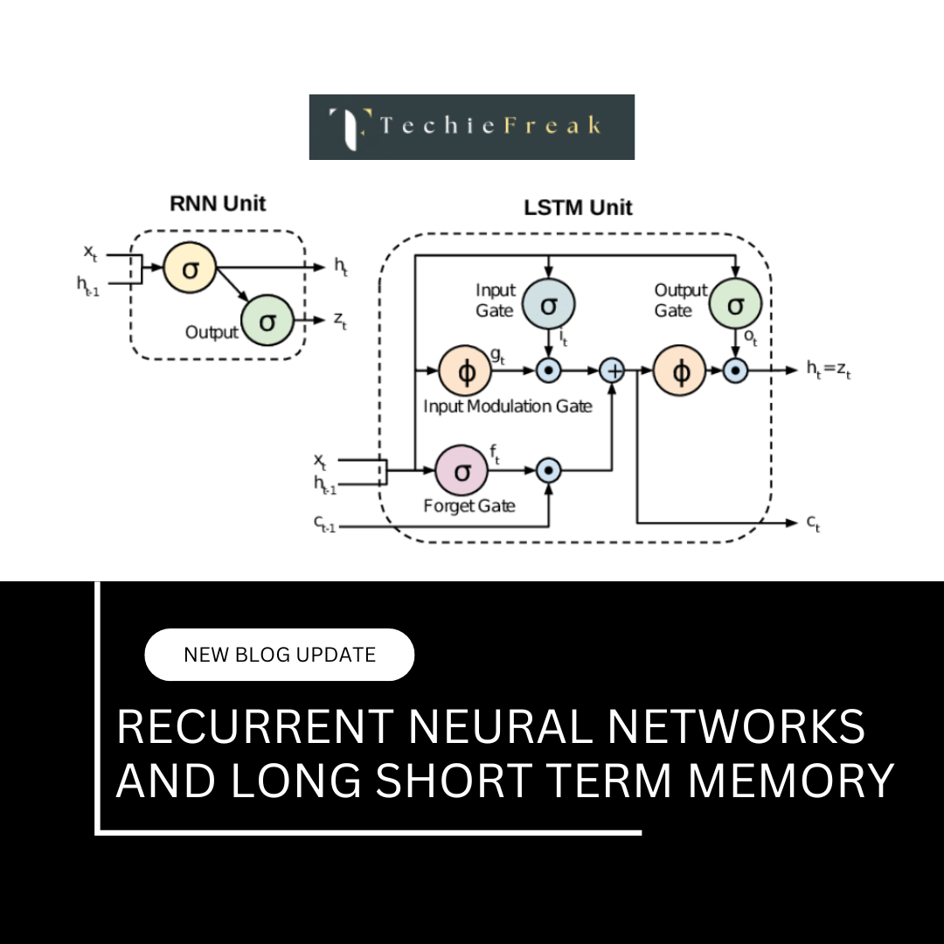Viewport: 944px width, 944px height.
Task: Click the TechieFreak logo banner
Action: (471, 127)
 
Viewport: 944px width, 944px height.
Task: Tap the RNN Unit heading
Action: (217, 205)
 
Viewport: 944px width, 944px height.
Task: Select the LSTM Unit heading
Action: (578, 208)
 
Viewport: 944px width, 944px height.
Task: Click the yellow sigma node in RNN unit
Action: (190, 268)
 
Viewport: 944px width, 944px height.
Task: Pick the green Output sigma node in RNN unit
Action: (267, 322)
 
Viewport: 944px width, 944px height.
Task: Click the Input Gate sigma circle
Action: (548, 305)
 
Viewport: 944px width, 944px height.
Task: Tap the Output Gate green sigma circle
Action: (735, 305)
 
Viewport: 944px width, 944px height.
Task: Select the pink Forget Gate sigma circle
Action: (462, 470)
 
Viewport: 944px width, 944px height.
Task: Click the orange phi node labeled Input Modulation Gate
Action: (466, 371)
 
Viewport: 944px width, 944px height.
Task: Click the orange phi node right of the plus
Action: (682, 371)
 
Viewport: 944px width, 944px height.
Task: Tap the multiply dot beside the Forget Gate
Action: (548, 470)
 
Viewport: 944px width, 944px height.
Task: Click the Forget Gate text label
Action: (469, 506)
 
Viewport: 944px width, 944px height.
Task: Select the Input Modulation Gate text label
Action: (508, 406)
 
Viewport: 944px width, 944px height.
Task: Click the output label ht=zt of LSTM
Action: (829, 370)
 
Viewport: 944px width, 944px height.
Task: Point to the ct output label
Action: (813, 524)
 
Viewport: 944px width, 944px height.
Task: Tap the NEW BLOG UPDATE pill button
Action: (279, 655)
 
